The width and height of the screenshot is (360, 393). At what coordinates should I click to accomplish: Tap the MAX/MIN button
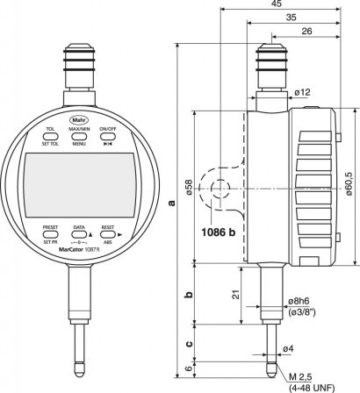tap(79, 131)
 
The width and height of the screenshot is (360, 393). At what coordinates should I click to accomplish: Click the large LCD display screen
tap(79, 180)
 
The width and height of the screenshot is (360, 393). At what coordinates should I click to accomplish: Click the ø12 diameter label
tap(301, 91)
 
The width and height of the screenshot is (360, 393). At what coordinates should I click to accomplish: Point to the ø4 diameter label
tap(286, 348)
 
